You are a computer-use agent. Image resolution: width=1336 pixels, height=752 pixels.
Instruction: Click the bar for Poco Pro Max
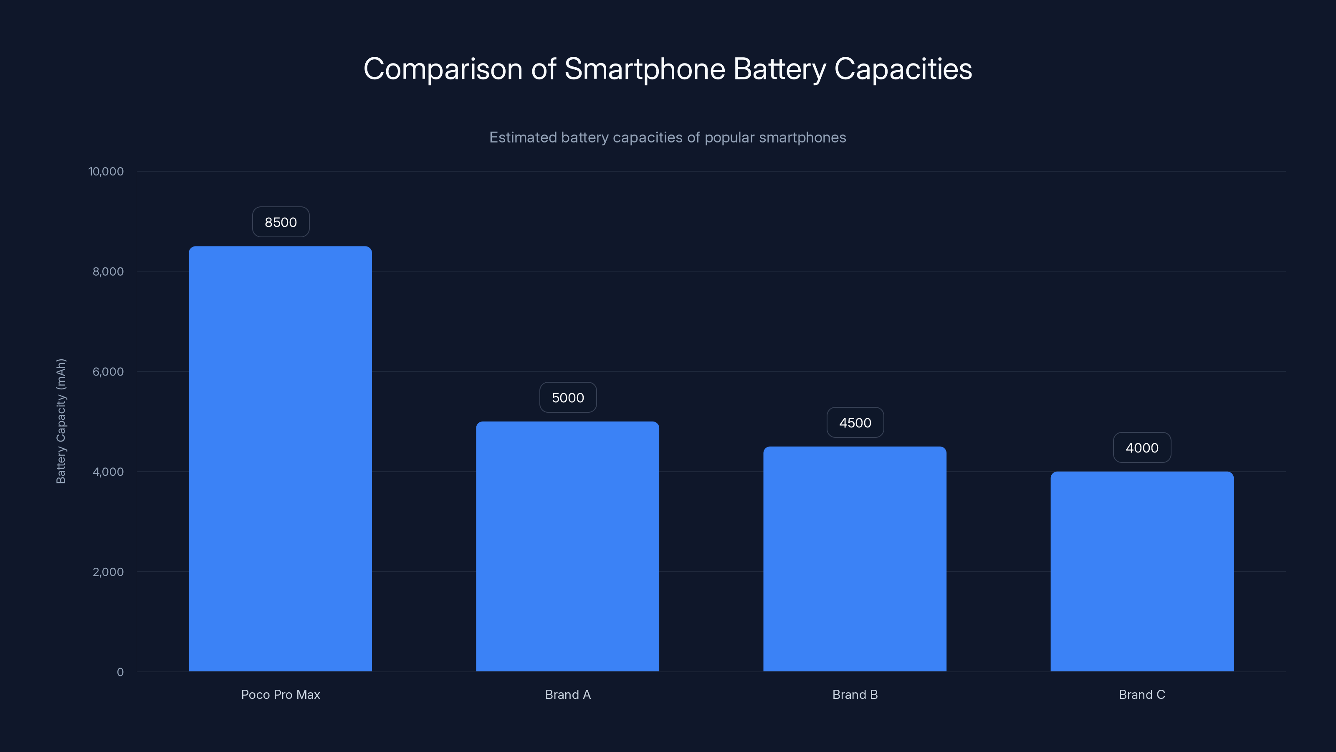pos(280,459)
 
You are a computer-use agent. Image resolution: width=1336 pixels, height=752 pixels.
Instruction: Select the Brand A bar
pos(567,546)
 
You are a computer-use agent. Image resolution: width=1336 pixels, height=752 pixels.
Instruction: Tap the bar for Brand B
pos(855,559)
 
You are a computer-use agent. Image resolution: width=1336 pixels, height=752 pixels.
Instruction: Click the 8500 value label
pos(281,222)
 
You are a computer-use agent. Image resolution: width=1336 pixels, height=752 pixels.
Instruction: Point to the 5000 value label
pos(568,398)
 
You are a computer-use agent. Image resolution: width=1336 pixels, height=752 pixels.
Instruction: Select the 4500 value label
pos(855,422)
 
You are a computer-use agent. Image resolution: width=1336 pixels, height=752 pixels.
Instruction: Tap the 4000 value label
pos(1141,447)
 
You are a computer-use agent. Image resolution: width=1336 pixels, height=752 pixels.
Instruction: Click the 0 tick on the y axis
pos(120,672)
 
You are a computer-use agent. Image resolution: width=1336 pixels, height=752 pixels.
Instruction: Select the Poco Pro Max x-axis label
pos(281,694)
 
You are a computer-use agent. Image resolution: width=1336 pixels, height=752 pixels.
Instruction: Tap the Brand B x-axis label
pos(855,694)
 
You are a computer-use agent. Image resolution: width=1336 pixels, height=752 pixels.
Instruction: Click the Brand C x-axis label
pos(1141,694)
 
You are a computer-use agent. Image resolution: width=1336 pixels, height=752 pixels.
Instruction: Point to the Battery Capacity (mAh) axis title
pos(61,421)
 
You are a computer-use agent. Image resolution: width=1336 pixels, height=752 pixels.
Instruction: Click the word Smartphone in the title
pos(644,69)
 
